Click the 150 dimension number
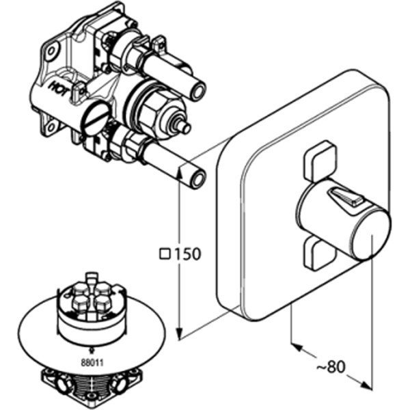click(187, 254)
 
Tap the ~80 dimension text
click(331, 367)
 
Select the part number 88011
click(92, 363)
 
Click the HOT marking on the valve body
click(59, 90)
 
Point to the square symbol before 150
click(165, 254)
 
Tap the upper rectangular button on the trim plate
click(319, 161)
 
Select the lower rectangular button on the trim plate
click(320, 251)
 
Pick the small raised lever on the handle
click(344, 197)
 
